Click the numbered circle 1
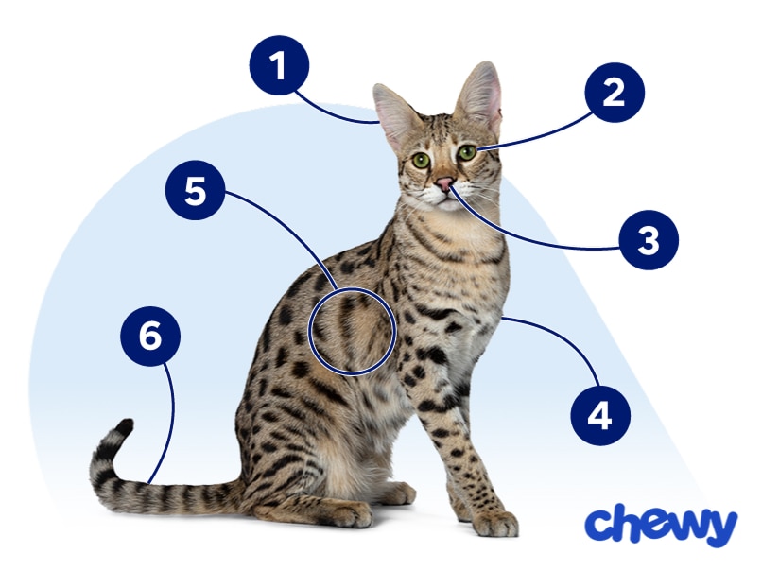(x=280, y=67)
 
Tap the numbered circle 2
(x=614, y=93)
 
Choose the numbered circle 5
(x=195, y=192)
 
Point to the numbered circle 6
(x=149, y=337)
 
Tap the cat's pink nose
(x=443, y=183)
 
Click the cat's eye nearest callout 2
(x=466, y=152)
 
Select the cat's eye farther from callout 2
(x=421, y=161)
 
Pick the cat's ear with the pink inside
(x=481, y=97)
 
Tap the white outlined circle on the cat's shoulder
(x=352, y=330)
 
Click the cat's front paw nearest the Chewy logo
(x=496, y=523)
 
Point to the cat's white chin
(x=441, y=200)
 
